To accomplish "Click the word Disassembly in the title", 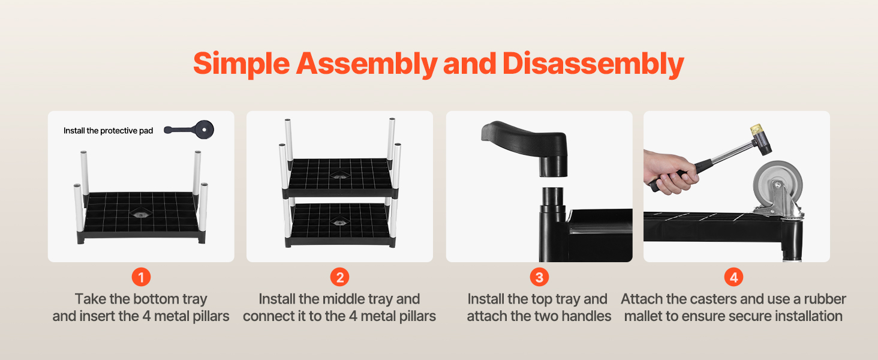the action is [x=593, y=64].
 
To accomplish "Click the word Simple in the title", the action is [x=242, y=64].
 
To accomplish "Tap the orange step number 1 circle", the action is [x=141, y=277].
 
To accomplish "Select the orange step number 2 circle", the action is [x=340, y=277].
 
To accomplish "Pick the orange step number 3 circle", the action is [x=539, y=277].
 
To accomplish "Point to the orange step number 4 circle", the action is [x=733, y=277].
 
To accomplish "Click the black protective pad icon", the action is [x=190, y=130].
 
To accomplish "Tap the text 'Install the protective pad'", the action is [x=108, y=131].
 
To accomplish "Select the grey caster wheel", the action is [x=777, y=185].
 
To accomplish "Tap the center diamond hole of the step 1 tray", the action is [x=141, y=214].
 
